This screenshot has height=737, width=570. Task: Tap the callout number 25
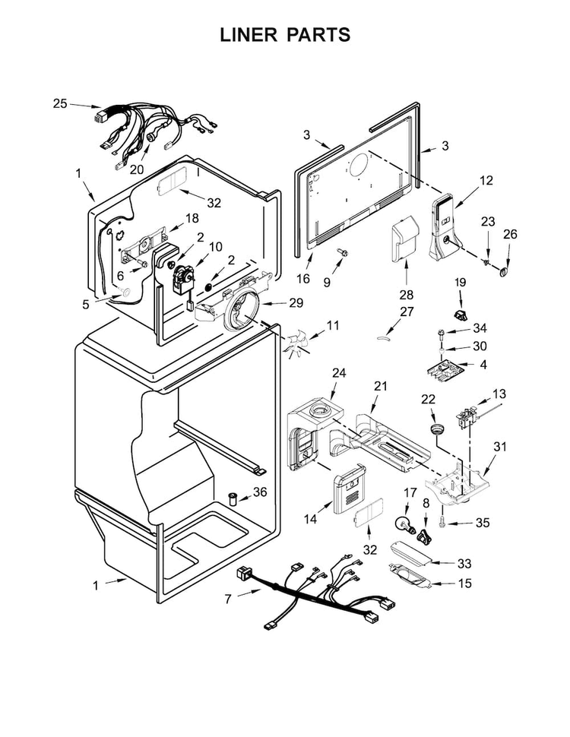[60, 103]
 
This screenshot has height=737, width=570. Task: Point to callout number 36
[260, 492]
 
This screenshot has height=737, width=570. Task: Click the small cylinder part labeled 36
[233, 498]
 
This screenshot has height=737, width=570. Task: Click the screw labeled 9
[343, 253]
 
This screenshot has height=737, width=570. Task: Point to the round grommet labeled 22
[436, 429]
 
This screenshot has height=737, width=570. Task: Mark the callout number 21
[380, 387]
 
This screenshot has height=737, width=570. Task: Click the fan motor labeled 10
[182, 278]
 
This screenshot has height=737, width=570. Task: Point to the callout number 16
[302, 279]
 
